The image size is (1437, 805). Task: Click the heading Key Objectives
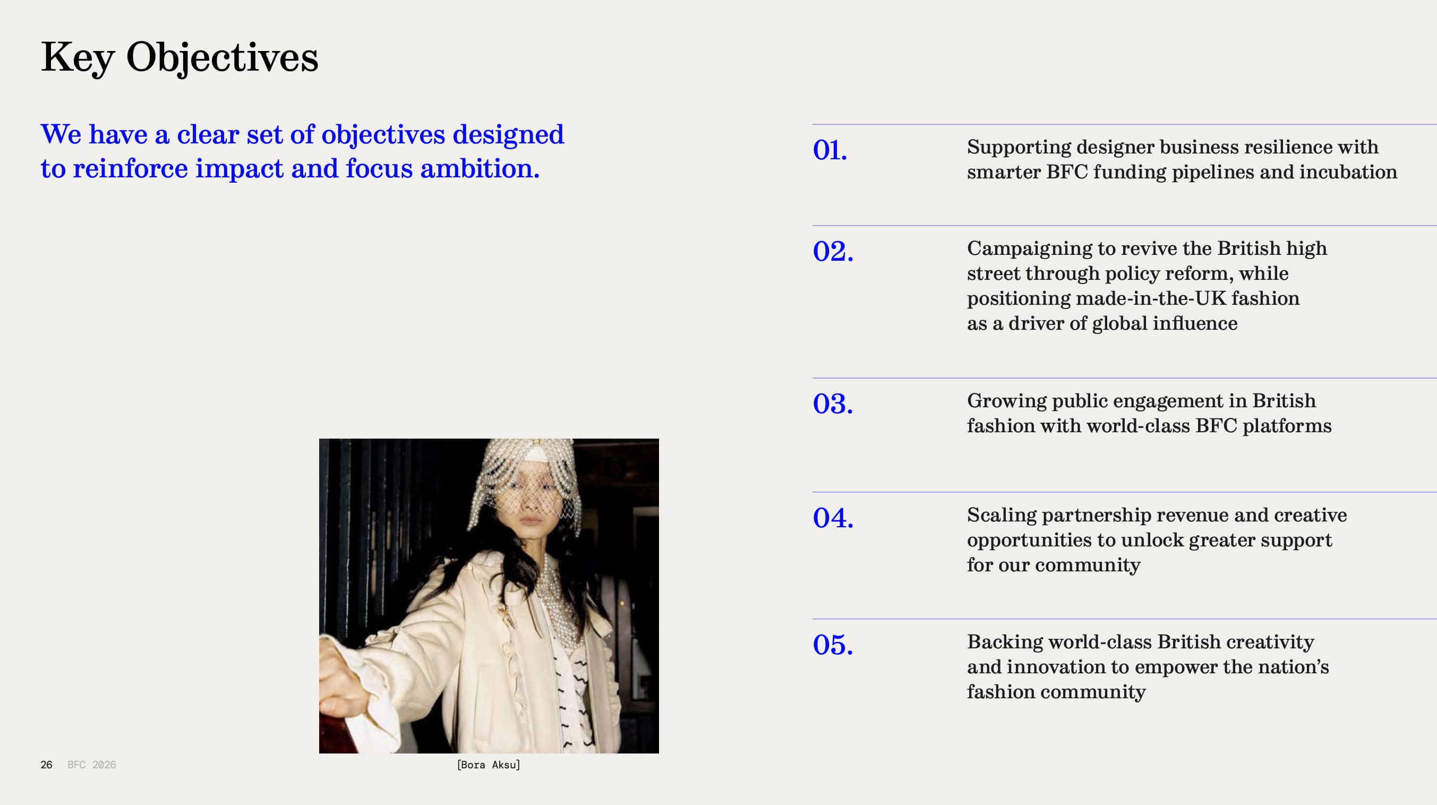[179, 57]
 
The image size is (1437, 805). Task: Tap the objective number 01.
[830, 150]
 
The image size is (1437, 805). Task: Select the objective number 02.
[833, 251]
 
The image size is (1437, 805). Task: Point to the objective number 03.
[833, 404]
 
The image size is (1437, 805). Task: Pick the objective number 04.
[833, 518]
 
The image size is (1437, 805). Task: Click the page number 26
[46, 765]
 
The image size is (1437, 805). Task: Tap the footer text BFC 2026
[91, 765]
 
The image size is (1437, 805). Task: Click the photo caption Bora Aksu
[489, 765]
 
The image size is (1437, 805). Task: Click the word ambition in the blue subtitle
[479, 168]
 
